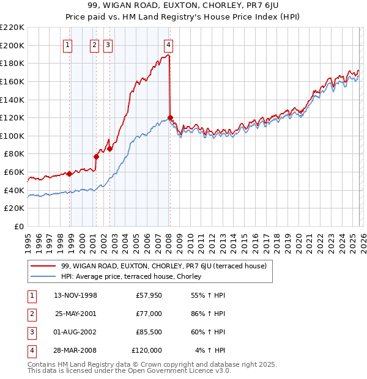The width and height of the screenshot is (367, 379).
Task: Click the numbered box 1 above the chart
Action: tap(67, 44)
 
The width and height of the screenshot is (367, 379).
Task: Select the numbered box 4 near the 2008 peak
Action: tap(168, 44)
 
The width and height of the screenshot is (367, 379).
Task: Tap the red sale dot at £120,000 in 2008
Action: tap(170, 117)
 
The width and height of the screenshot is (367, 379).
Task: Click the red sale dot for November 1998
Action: tap(69, 174)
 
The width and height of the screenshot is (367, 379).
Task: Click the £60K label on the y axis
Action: tap(15, 172)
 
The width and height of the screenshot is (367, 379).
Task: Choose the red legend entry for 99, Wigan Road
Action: tap(163, 266)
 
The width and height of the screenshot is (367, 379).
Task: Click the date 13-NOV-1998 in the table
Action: tap(76, 296)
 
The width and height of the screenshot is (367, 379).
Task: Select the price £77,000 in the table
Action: tap(149, 314)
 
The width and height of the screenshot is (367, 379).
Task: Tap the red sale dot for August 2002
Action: tap(109, 149)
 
